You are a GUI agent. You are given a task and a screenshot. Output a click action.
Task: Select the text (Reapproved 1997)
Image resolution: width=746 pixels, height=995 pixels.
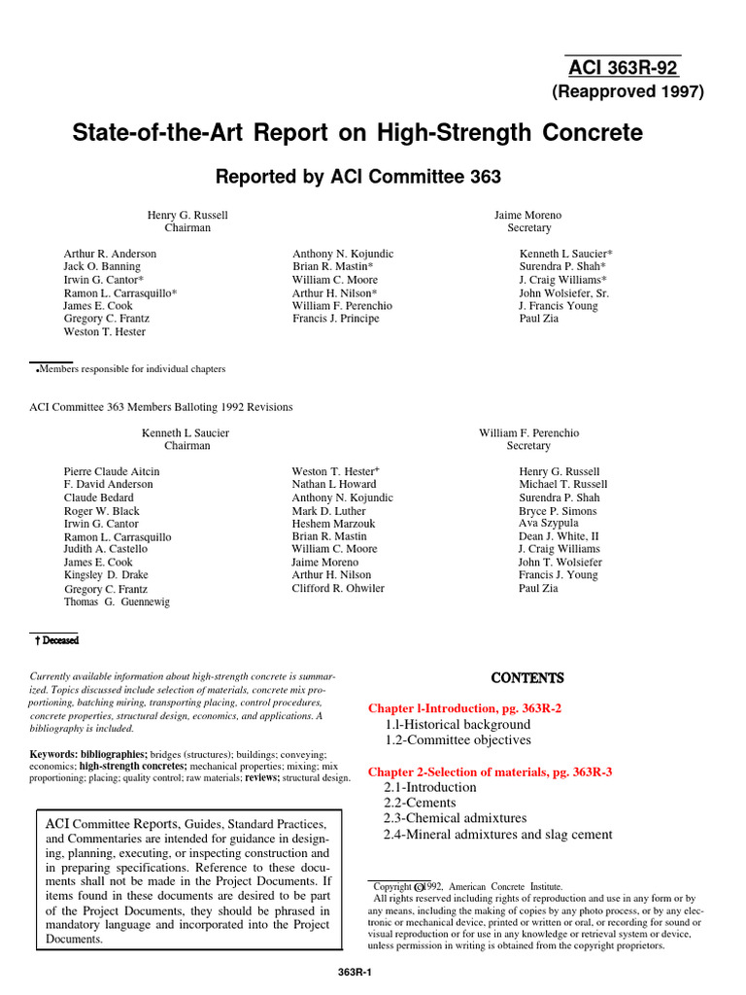coord(627,92)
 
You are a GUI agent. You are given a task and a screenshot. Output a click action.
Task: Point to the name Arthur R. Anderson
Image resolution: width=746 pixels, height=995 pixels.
coord(110,254)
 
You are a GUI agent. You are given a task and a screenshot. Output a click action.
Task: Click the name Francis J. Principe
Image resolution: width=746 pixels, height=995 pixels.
coord(336,319)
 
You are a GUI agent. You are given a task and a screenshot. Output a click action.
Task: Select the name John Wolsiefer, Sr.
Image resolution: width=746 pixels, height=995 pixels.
coord(563,292)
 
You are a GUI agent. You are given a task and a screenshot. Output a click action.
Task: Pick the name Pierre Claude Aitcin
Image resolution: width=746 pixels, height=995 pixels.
coord(112,471)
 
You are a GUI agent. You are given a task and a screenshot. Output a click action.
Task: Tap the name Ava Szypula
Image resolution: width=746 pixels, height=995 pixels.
coord(548,523)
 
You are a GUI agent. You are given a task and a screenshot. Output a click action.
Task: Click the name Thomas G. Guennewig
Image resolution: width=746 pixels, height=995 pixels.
coord(117,602)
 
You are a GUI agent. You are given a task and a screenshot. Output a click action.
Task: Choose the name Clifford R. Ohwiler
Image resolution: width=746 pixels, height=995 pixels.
coord(338,588)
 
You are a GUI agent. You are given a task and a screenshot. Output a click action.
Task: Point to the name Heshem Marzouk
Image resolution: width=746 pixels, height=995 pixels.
coord(333,524)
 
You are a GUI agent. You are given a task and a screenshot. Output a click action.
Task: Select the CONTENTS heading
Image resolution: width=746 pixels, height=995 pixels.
coord(527,677)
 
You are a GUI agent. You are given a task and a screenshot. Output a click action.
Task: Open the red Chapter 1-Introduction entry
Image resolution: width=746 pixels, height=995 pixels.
coord(464,708)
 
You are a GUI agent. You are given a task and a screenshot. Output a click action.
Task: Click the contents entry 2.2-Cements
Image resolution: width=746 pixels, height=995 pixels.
coord(420,803)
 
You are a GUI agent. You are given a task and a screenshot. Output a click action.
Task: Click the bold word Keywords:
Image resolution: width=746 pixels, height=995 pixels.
coord(52,754)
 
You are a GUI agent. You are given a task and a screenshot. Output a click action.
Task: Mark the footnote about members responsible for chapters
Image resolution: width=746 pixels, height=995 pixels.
coord(130,369)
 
